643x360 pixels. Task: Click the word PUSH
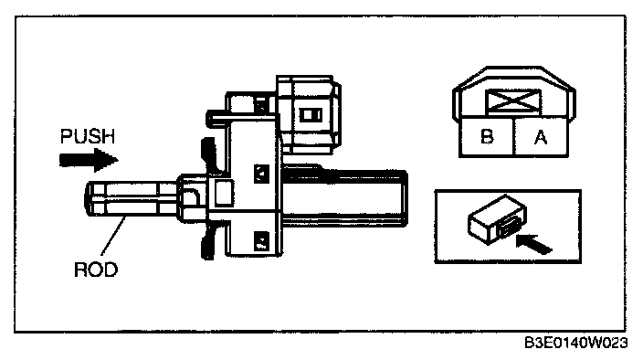(88, 136)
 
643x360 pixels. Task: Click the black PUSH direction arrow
(89, 160)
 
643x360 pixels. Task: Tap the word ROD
(96, 270)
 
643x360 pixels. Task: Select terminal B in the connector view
(487, 136)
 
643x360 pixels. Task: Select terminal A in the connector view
(541, 137)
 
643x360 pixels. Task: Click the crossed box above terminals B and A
(513, 101)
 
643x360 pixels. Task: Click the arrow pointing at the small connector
(534, 244)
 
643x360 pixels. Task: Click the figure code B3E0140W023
(575, 343)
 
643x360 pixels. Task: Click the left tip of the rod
(85, 199)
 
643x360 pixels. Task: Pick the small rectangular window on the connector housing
(311, 114)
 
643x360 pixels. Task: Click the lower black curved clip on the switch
(209, 240)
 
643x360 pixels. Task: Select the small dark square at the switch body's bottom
(261, 240)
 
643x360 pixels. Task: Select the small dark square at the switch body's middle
(261, 174)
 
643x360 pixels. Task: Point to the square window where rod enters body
(224, 192)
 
